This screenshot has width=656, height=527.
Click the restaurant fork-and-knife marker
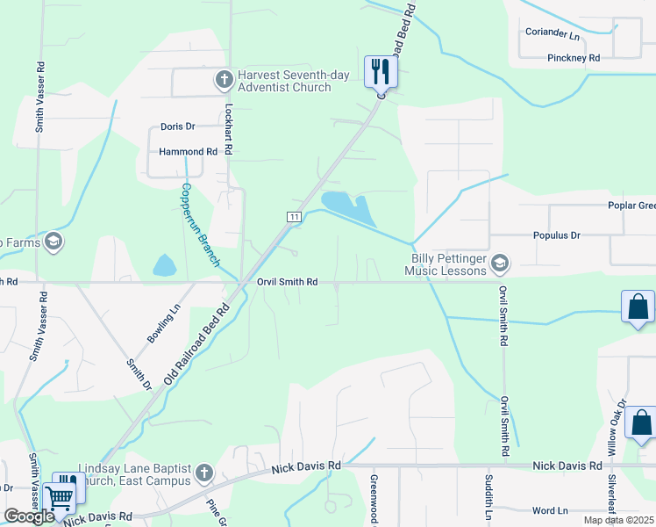(380, 71)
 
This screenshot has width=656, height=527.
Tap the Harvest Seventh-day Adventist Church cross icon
(224, 80)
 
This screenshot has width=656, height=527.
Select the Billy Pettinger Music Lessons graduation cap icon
(500, 263)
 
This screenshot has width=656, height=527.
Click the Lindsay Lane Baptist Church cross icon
(203, 474)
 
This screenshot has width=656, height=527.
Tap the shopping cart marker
(60, 499)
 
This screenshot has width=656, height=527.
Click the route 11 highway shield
(294, 216)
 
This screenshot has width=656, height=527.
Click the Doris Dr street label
(177, 126)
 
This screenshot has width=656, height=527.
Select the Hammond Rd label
(188, 151)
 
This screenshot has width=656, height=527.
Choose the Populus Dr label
(557, 235)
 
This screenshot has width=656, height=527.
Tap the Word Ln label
(550, 510)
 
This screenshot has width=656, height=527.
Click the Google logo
(29, 516)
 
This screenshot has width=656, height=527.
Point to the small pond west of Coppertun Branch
(165, 264)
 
